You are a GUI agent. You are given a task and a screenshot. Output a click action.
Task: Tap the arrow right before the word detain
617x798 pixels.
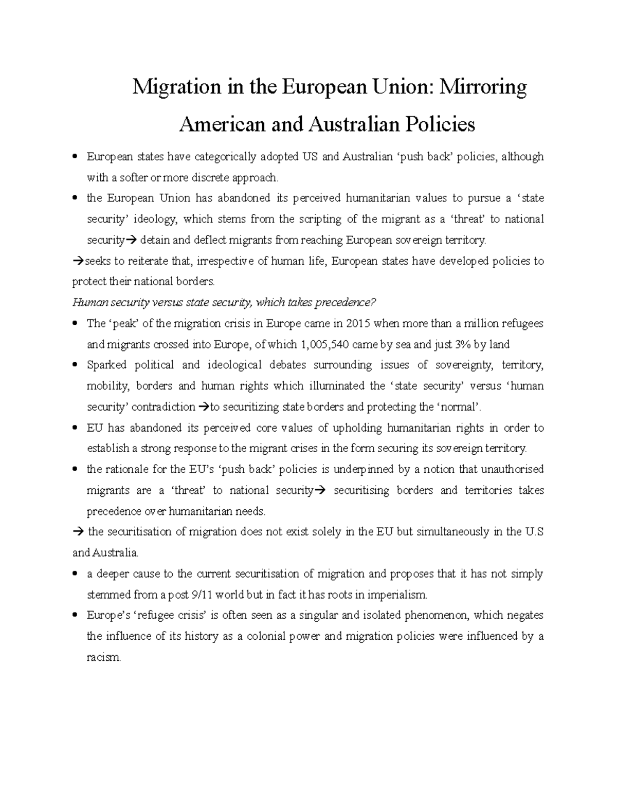coord(130,240)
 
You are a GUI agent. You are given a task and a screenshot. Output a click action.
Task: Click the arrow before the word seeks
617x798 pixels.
coord(78,262)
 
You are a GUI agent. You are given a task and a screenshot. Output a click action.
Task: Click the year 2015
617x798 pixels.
coord(358,324)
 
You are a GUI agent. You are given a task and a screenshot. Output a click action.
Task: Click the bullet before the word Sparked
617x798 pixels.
coord(76,365)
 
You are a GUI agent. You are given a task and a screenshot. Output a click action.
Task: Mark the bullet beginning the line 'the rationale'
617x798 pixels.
coord(76,470)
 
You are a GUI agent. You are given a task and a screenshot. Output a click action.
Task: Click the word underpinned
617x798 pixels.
coord(365,470)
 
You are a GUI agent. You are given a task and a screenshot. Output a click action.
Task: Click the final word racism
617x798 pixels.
coord(104,658)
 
